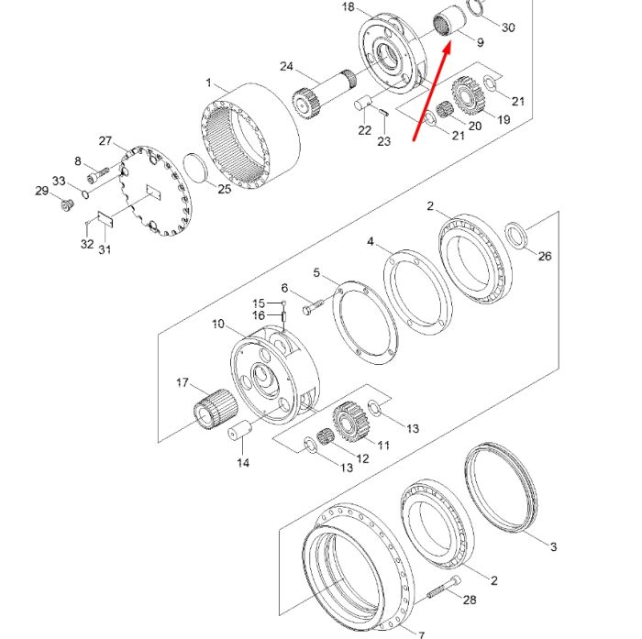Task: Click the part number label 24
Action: (x=286, y=66)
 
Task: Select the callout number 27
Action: (x=105, y=141)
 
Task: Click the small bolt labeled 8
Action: (x=98, y=176)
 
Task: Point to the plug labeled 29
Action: (x=68, y=204)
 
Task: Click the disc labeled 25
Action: (x=194, y=169)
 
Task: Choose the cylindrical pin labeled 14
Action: (x=239, y=430)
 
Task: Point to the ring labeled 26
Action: (x=516, y=235)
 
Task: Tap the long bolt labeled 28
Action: (x=444, y=587)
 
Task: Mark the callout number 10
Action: (x=218, y=325)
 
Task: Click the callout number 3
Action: (x=554, y=546)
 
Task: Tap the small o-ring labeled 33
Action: (x=85, y=194)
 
